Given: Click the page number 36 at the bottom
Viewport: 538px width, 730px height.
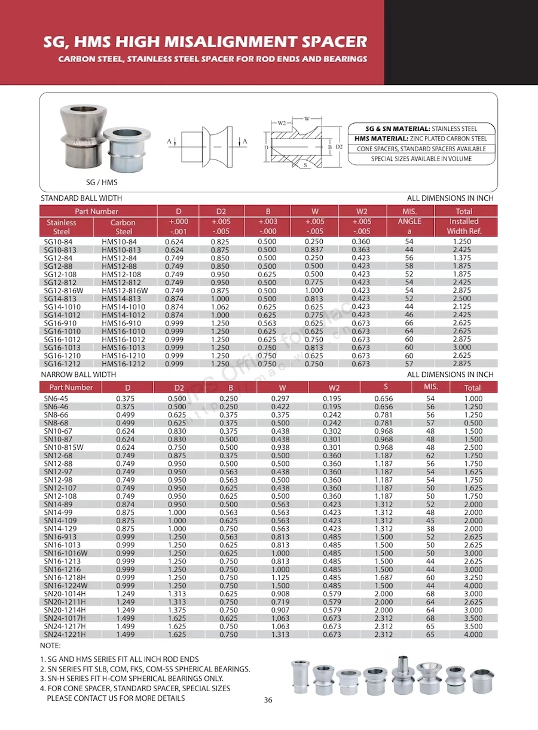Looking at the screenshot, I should coord(268,700).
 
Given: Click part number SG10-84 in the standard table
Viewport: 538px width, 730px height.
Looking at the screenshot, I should coord(57,241).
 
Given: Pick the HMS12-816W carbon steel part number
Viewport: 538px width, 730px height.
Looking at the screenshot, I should coord(124,290).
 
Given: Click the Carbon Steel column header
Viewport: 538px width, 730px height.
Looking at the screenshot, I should coord(123,226).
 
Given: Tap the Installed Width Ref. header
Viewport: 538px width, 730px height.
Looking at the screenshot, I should coord(464,226).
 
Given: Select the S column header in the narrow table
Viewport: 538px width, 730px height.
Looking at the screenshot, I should coord(386,387).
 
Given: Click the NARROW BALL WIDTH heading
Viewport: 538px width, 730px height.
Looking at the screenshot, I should coord(78,375).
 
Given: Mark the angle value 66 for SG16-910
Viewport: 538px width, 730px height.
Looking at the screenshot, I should coord(409,323).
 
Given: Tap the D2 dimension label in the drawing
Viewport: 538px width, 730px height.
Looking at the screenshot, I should coord(339,146).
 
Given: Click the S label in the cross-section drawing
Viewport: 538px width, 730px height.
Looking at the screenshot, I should coord(305,165).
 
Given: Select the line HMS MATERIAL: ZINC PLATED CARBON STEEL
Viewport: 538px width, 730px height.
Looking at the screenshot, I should coord(421,139).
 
